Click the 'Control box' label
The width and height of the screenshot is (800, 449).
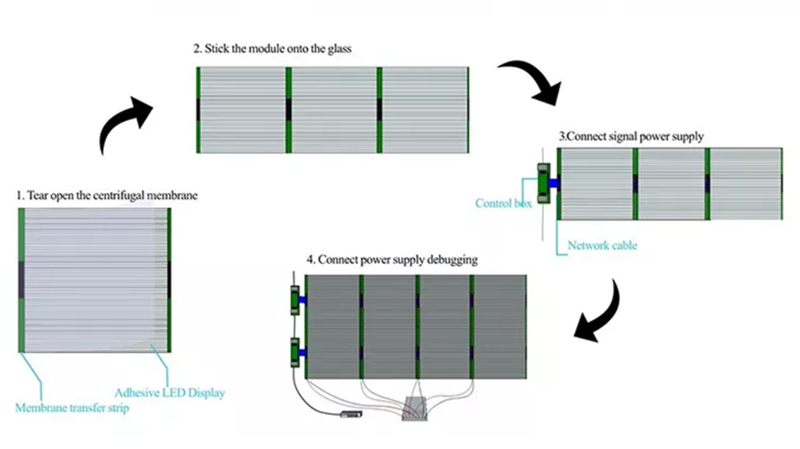coord(503,203)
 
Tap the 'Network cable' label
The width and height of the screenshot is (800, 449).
coord(602,245)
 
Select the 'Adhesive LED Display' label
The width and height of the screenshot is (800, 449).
coord(170,393)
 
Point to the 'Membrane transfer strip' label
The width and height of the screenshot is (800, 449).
coord(72,408)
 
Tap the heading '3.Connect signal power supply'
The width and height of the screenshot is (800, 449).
coord(631,137)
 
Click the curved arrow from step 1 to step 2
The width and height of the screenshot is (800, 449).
coord(125,125)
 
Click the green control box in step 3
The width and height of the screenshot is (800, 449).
coord(543,183)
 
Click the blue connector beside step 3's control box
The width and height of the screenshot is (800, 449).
coord(553,183)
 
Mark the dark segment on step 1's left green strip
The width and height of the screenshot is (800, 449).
coord(21,277)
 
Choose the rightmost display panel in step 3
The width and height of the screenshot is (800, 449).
coord(745,184)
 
